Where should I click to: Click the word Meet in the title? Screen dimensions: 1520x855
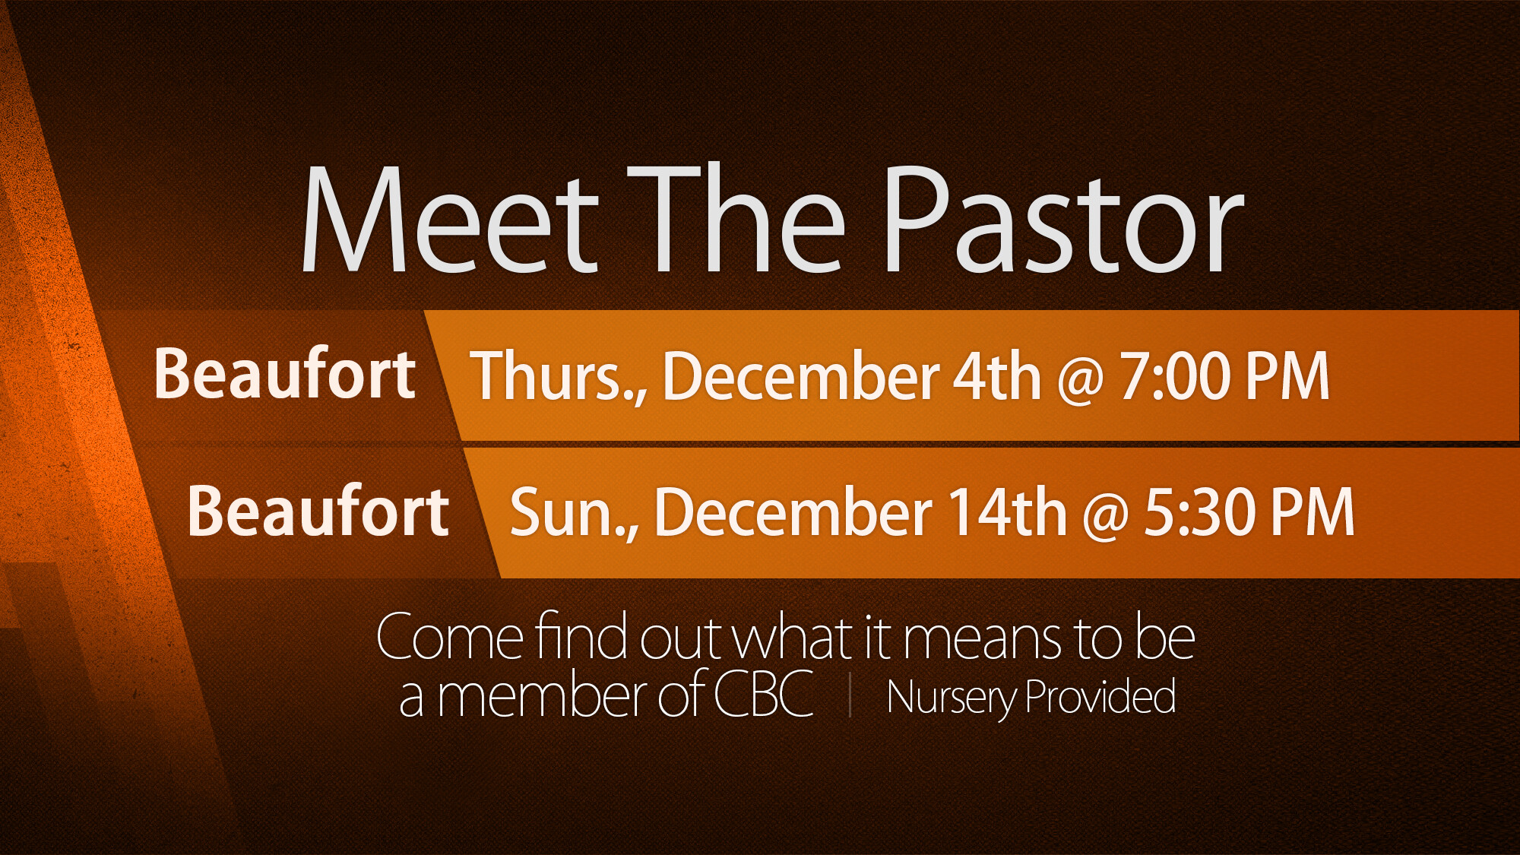pos(449,220)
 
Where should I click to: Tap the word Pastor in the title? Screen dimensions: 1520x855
pos(1063,220)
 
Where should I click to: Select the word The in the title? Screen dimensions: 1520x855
pos(736,220)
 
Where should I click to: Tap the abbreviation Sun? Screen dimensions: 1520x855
pos(574,513)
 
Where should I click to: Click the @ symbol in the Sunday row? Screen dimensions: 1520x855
pos(1105,516)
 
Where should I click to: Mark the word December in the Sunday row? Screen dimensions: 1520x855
pos(793,512)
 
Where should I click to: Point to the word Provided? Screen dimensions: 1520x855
pos(1100,695)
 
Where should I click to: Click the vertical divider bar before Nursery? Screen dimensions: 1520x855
pos(850,697)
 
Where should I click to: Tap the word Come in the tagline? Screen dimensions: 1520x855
pos(450,637)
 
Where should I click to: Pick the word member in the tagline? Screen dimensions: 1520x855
pos(543,695)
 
